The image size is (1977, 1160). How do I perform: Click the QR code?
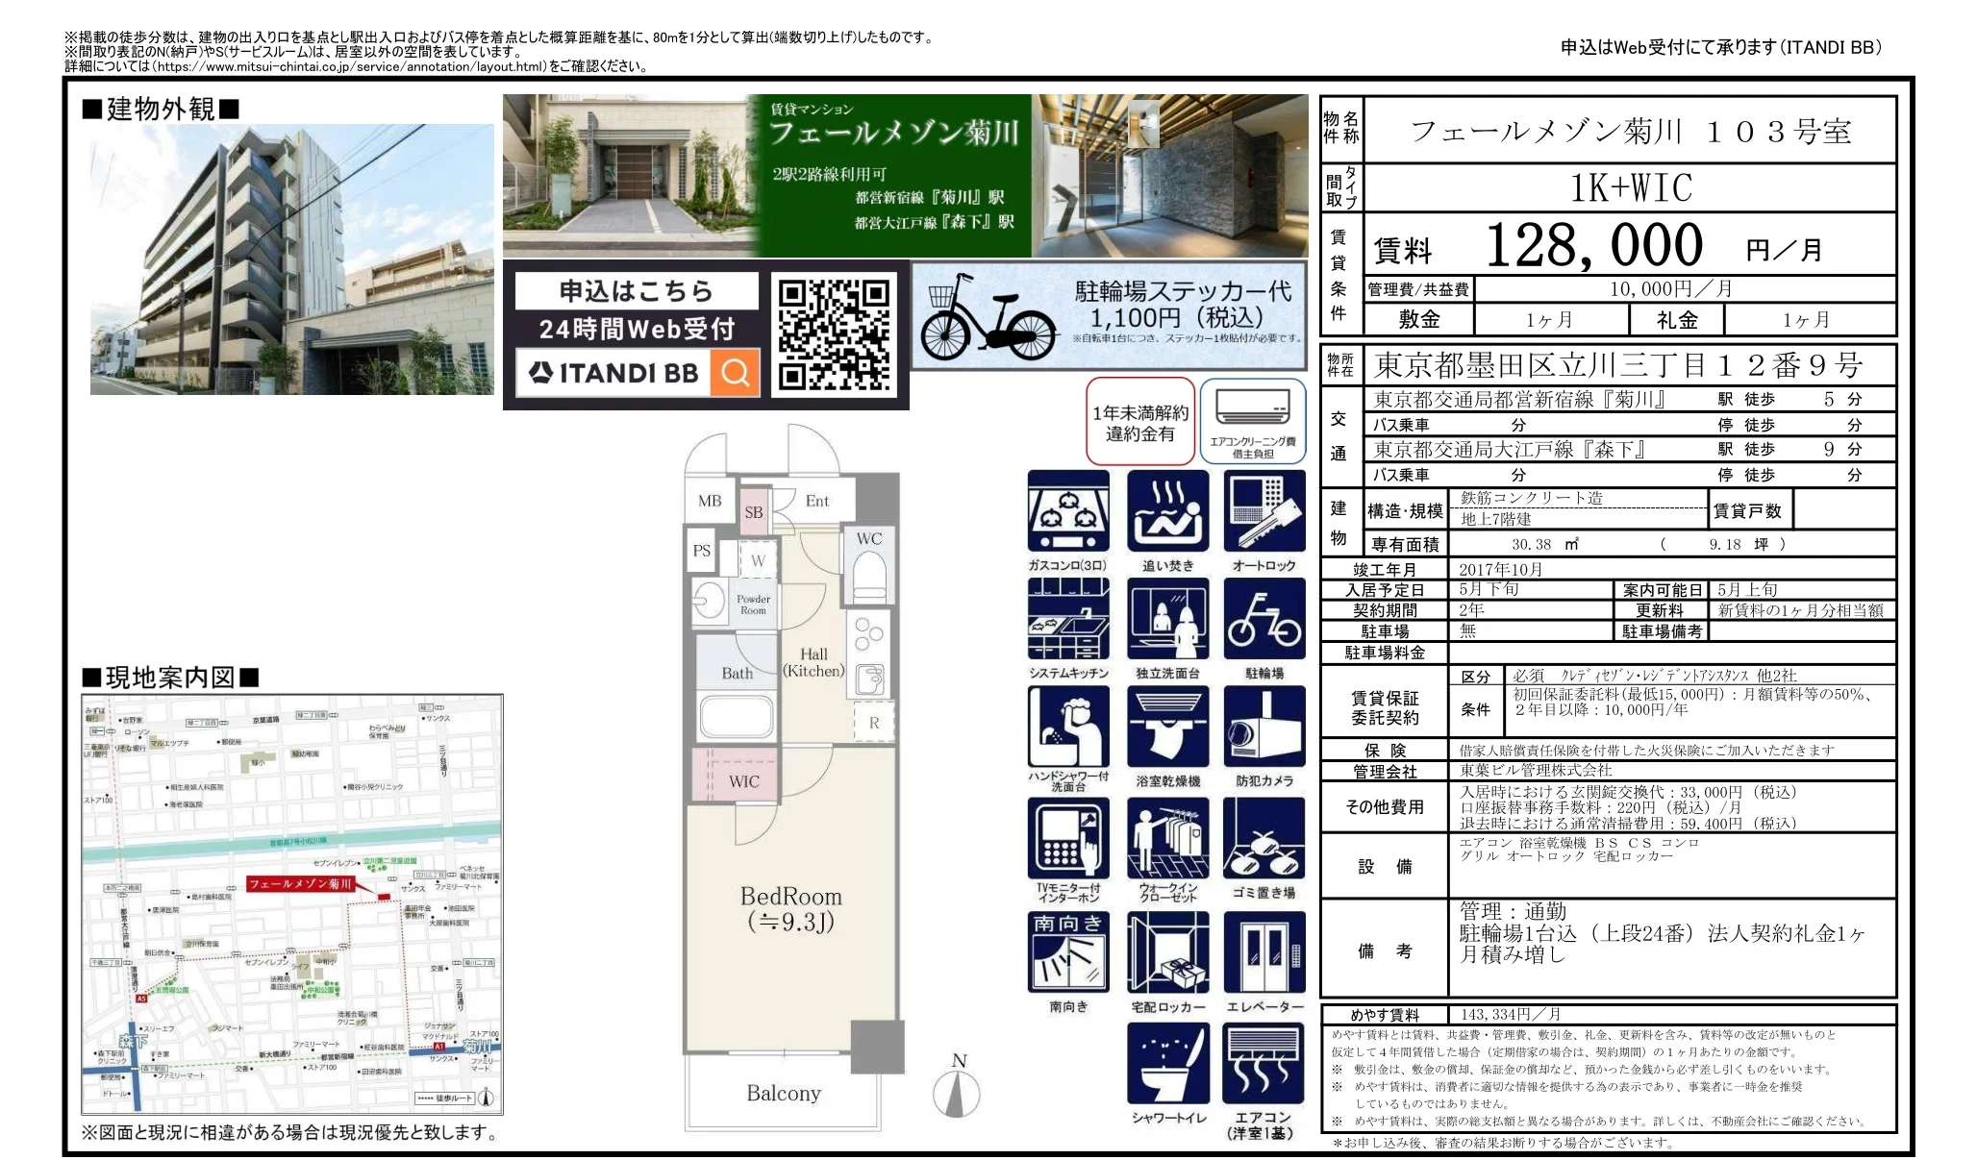(x=833, y=334)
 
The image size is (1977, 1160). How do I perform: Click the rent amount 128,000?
(x=1593, y=246)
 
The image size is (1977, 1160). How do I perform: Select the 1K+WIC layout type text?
(x=1631, y=187)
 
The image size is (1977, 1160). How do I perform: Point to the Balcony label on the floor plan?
(x=783, y=1094)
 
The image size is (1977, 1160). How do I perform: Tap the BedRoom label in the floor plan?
(x=790, y=897)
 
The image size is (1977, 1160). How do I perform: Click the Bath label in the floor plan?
(x=737, y=674)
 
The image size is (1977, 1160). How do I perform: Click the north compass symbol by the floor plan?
(x=957, y=1091)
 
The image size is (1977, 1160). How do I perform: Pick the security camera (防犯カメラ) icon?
(x=1264, y=728)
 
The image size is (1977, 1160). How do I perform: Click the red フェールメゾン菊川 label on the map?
(x=302, y=883)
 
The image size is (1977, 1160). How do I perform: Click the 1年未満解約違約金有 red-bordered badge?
(x=1139, y=423)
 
